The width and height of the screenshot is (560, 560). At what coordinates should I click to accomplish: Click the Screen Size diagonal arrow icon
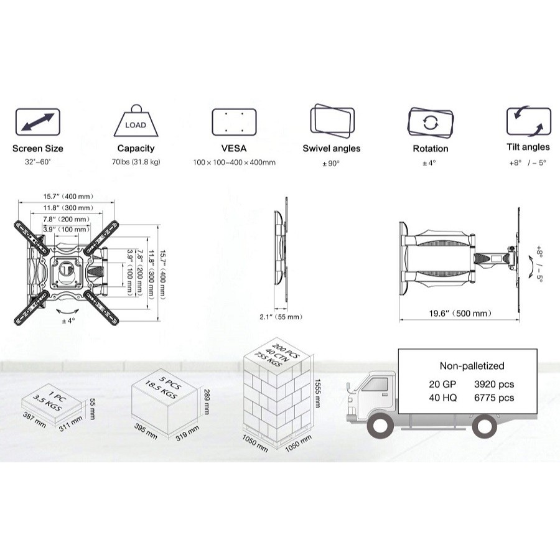tap(37, 122)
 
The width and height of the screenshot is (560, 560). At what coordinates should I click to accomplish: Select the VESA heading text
tap(234, 148)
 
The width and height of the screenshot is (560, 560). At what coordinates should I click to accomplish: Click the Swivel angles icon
tap(332, 121)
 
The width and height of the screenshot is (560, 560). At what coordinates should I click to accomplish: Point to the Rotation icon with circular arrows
tap(431, 122)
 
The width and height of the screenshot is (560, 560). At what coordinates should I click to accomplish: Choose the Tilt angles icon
tap(528, 121)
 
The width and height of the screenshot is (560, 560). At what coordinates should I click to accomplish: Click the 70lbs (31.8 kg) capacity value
tap(136, 162)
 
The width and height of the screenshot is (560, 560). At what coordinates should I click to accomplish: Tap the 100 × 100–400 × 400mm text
tap(235, 162)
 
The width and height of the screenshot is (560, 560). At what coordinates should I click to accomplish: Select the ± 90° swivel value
tap(331, 164)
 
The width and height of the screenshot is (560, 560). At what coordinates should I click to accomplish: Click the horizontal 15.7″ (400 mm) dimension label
tap(68, 197)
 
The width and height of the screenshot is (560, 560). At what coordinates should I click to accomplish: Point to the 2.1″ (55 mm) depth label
tap(281, 317)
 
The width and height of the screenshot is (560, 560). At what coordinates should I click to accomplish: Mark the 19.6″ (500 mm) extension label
tap(460, 314)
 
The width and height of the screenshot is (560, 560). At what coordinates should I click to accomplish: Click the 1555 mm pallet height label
tap(318, 393)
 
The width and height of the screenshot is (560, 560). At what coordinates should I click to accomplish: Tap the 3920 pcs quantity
tap(494, 385)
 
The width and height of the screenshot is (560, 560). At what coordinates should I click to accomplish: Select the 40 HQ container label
tap(443, 398)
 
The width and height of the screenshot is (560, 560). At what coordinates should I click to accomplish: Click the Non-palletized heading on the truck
tap(472, 366)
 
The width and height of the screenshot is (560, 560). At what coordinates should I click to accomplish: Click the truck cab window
tap(375, 385)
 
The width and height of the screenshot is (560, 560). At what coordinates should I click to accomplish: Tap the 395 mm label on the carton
tap(146, 431)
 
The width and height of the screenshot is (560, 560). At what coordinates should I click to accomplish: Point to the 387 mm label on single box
tap(34, 419)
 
